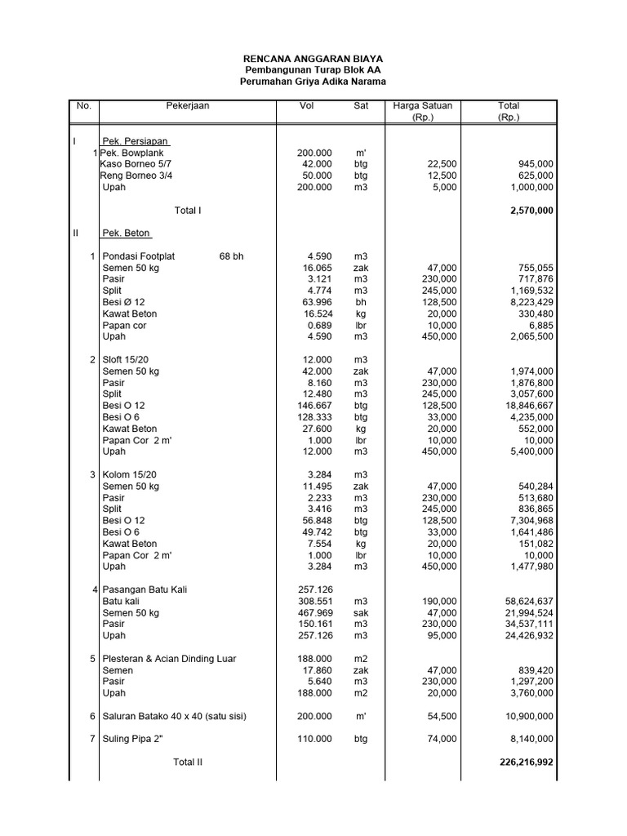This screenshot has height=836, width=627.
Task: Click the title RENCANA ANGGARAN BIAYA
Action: (313, 60)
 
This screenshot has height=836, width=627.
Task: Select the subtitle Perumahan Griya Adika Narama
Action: (313, 82)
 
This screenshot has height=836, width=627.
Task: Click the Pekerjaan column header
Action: (188, 106)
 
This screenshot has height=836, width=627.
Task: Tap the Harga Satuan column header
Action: (422, 106)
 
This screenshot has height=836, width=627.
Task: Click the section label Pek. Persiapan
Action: (136, 141)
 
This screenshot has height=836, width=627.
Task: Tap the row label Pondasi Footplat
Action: (139, 256)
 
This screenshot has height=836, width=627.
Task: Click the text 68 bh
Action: (231, 256)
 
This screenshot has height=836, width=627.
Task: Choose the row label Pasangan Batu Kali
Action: (149, 589)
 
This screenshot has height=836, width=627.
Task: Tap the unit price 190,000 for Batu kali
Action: (439, 601)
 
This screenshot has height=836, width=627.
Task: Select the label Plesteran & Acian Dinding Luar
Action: (169, 659)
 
